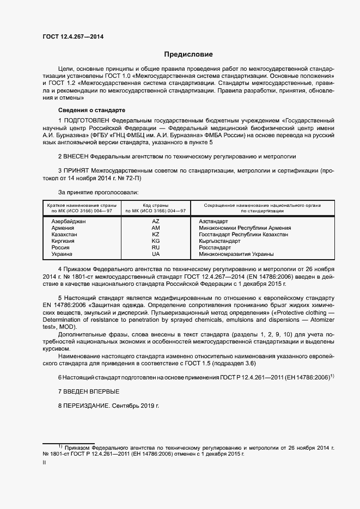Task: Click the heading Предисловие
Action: [189, 54]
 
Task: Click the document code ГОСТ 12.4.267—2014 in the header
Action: [72, 37]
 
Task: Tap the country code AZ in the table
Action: [155, 222]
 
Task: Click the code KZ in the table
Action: [155, 235]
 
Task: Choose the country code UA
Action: [155, 254]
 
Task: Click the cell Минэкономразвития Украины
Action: [236, 254]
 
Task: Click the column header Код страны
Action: [155, 204]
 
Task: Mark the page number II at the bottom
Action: [44, 462]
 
